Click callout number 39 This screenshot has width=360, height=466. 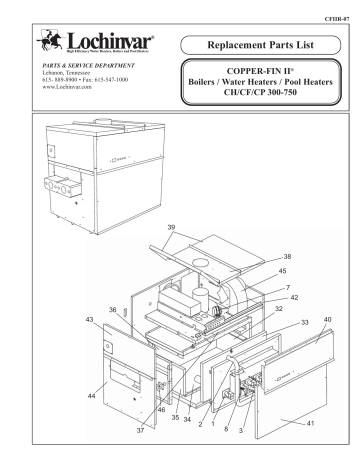tap(202, 226)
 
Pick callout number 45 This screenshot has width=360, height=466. tap(282, 271)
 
